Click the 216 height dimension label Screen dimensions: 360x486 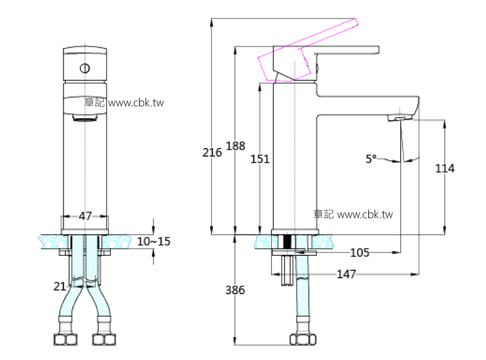pos(212,153)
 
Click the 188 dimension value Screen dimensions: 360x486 pos(236,146)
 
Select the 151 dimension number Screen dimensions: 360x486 pos(260,159)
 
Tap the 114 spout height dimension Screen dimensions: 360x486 pos(445,169)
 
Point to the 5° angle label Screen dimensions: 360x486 pos(371,159)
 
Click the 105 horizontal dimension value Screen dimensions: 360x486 pos(359,253)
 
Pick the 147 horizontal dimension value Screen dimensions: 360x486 pos(346,274)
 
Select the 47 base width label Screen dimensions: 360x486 pos(85,216)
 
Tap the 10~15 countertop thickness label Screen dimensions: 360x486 pos(154,242)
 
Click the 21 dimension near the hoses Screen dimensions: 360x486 pos(60,286)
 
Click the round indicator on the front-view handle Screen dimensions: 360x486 pos(85,68)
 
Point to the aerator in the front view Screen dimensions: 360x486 pos(85,118)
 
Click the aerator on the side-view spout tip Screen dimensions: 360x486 pos(400,118)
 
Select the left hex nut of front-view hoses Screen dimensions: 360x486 pos(64,340)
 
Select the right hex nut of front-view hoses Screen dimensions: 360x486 pos(104,340)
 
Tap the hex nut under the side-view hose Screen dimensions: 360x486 pos(303,340)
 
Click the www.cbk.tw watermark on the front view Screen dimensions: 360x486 pos(136,103)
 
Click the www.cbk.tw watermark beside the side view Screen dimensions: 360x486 pos(365,214)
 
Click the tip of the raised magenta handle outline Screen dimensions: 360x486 pos(358,21)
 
